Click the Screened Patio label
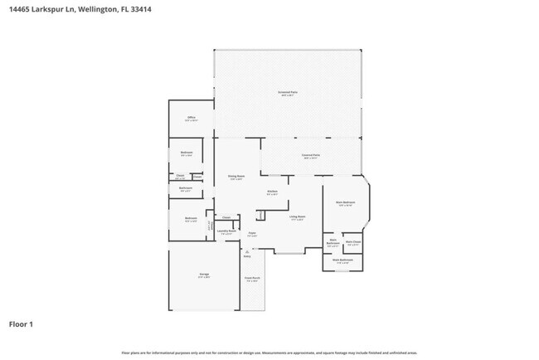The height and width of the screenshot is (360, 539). point(287,93)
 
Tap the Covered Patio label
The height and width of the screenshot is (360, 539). point(311,156)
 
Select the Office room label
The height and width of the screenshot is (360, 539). point(191,119)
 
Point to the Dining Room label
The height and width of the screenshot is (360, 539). point(236,177)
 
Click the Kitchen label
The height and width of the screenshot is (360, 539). point(272,192)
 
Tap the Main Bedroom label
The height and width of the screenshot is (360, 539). point(346,202)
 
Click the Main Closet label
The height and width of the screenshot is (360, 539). point(352,242)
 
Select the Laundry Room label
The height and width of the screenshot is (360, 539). point(226,232)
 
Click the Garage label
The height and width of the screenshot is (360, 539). point(203,275)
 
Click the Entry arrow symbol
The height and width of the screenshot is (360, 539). point(245,251)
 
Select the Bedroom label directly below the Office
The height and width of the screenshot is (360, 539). point(187,153)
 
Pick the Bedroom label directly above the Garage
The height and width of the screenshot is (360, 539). point(190,220)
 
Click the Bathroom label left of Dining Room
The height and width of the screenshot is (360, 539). point(185,188)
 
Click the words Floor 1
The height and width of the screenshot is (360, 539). point(22,324)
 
